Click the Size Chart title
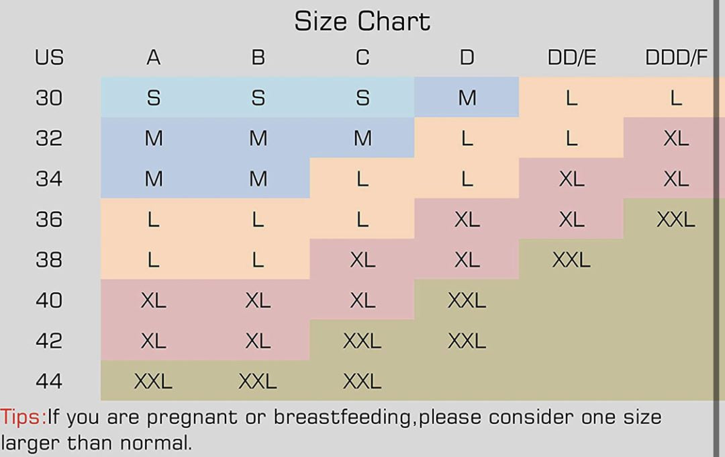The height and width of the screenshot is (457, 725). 362,22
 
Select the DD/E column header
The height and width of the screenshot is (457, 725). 571,58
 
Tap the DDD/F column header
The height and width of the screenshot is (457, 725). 676,58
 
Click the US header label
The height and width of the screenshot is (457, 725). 49,58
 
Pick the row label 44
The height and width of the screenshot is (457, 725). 49,381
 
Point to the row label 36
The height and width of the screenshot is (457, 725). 49,219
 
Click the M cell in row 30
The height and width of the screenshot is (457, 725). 467,98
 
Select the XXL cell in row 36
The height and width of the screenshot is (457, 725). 675,219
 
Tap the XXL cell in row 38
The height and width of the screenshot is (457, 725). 571,259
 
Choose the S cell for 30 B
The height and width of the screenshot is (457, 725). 258,98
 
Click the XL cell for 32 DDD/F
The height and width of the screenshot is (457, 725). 675,138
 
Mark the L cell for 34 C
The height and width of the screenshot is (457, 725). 362,179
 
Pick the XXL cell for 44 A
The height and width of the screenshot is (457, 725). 153,382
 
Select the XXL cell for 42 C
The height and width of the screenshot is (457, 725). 362,341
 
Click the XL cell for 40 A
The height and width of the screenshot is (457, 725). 153,300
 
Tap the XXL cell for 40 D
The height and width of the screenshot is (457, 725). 467,300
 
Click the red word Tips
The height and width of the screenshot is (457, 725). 22,417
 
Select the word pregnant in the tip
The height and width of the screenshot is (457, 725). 190,418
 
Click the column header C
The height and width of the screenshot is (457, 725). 362,58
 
